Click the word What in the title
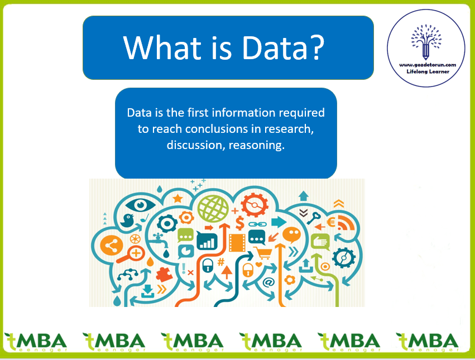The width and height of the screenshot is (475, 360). (x=162, y=47)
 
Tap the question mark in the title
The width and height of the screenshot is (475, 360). (x=317, y=47)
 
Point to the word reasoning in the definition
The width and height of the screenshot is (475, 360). (x=256, y=146)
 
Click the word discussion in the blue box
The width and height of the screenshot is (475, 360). (x=196, y=146)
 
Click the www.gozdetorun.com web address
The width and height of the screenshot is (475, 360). (x=428, y=65)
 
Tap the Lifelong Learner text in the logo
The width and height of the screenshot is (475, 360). (x=428, y=71)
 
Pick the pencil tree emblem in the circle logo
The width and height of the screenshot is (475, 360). (x=426, y=41)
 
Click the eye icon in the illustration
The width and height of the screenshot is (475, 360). (x=140, y=205)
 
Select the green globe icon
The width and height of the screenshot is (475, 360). (x=213, y=208)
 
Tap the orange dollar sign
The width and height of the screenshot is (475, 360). (x=239, y=223)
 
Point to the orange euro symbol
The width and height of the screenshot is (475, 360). (x=331, y=223)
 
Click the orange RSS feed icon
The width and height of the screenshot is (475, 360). (x=346, y=223)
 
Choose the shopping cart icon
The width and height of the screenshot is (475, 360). (x=263, y=253)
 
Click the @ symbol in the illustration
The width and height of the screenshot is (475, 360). (x=268, y=282)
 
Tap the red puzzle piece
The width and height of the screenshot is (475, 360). (x=164, y=275)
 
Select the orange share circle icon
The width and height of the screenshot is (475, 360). (x=112, y=245)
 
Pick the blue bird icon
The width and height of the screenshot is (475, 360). (x=127, y=220)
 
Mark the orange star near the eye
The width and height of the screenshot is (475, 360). (x=177, y=199)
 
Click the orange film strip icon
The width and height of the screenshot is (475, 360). (x=237, y=243)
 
